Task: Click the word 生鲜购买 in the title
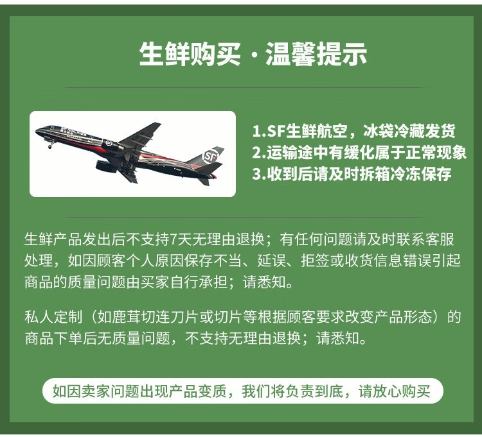coord(190,54)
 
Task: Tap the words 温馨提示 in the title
coord(316,54)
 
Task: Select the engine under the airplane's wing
coord(106,166)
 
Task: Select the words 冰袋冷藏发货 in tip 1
coord(409,131)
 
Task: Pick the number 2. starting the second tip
coord(259,153)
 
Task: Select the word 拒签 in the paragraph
coord(315,261)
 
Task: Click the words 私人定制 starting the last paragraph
coord(53,317)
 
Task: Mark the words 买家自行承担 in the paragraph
coord(184,282)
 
